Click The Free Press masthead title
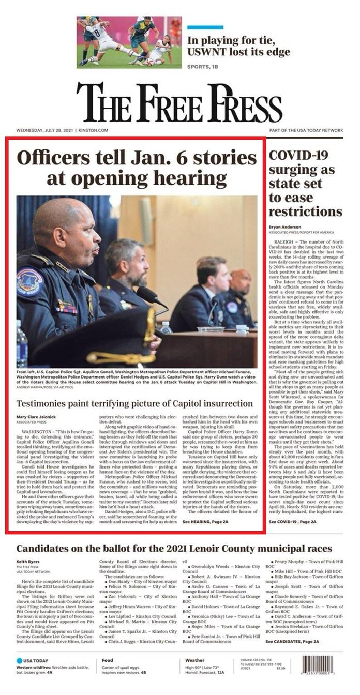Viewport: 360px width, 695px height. point(179,102)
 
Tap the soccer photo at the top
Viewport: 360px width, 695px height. point(129,42)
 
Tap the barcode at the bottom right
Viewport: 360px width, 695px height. point(322,665)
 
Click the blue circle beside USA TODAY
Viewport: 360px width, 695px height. point(20,660)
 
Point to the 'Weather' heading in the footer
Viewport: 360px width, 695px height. point(194,660)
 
